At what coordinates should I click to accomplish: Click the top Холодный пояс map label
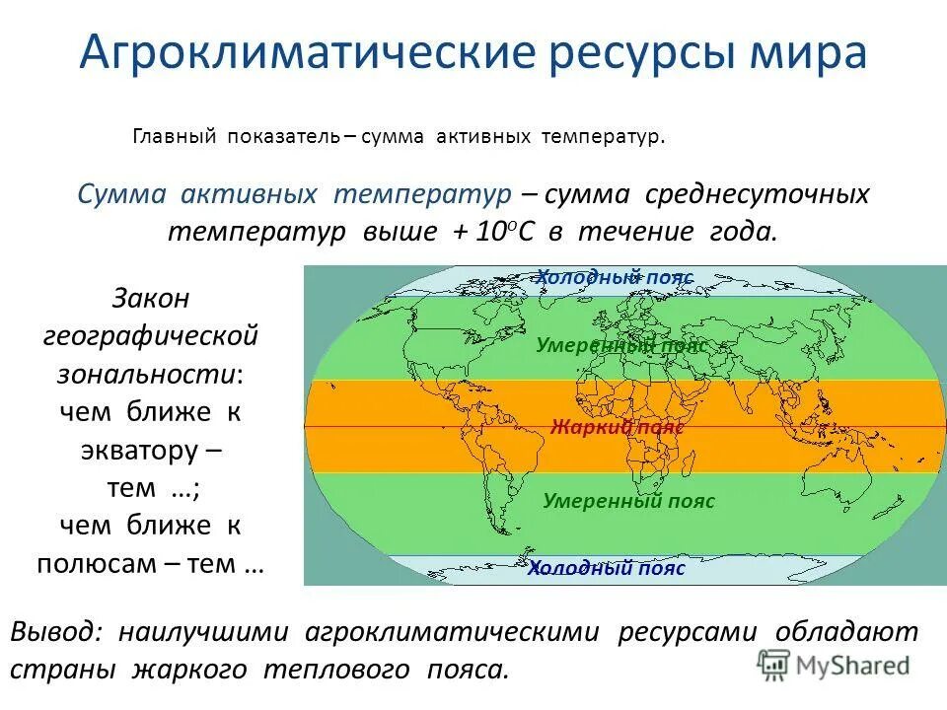(615, 278)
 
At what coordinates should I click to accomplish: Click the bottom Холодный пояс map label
(606, 568)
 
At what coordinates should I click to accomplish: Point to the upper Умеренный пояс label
(621, 346)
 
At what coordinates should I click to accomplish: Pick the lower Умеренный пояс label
(628, 501)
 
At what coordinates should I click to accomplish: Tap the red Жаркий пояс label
(618, 427)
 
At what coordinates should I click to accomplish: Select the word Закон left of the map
(151, 298)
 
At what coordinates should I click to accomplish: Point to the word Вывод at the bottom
(55, 632)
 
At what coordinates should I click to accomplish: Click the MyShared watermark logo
(834, 664)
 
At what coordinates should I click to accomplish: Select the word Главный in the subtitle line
(174, 137)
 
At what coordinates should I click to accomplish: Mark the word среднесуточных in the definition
(758, 193)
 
